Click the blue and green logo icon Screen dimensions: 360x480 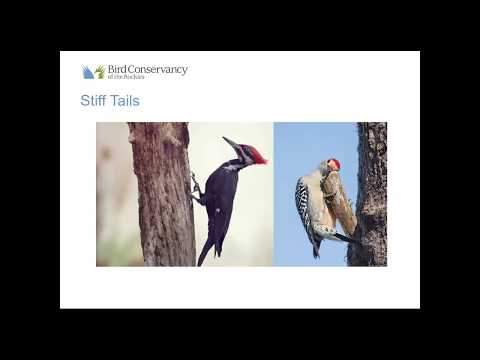click(94, 72)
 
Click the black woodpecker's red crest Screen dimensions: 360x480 click(257, 154)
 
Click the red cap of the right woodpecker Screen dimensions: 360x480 click(334, 163)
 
